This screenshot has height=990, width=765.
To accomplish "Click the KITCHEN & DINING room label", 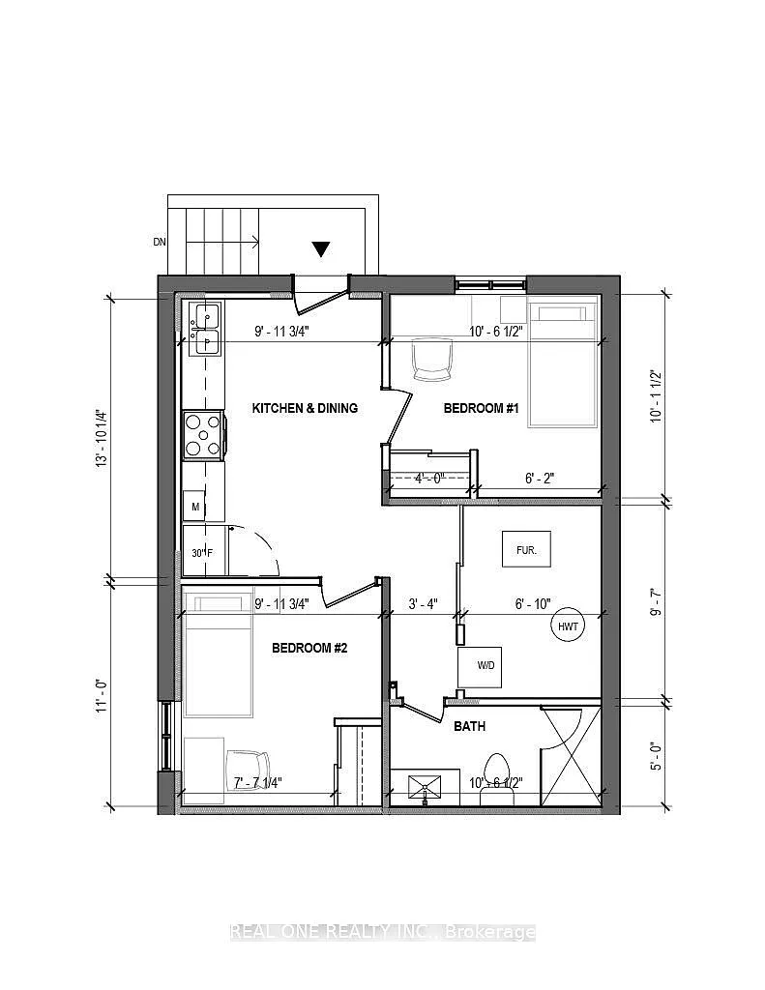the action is pos(305,409).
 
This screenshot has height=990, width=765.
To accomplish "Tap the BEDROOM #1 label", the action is pos(482,409).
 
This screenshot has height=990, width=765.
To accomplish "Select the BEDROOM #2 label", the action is pos(309,649).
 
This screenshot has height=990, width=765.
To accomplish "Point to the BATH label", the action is pos(470,727).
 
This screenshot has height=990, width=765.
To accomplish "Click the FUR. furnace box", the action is pos(526,549).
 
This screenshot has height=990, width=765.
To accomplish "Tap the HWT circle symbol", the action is pos(568,626).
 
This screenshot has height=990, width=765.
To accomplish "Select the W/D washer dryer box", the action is pos(480,667).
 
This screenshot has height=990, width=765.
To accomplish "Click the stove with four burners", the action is pos(203,434).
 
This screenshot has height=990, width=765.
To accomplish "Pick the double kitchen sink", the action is pos(203,329).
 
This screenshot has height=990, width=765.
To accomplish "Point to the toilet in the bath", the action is pos(496,778).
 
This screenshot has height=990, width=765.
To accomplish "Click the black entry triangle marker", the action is pos(321,249).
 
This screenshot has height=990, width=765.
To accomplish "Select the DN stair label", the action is pos(160,241).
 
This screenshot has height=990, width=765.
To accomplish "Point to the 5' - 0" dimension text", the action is pos(657,757).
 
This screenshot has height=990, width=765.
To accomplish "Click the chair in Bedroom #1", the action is pos(432,360).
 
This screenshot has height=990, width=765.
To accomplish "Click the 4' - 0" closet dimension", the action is pos(430,478).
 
